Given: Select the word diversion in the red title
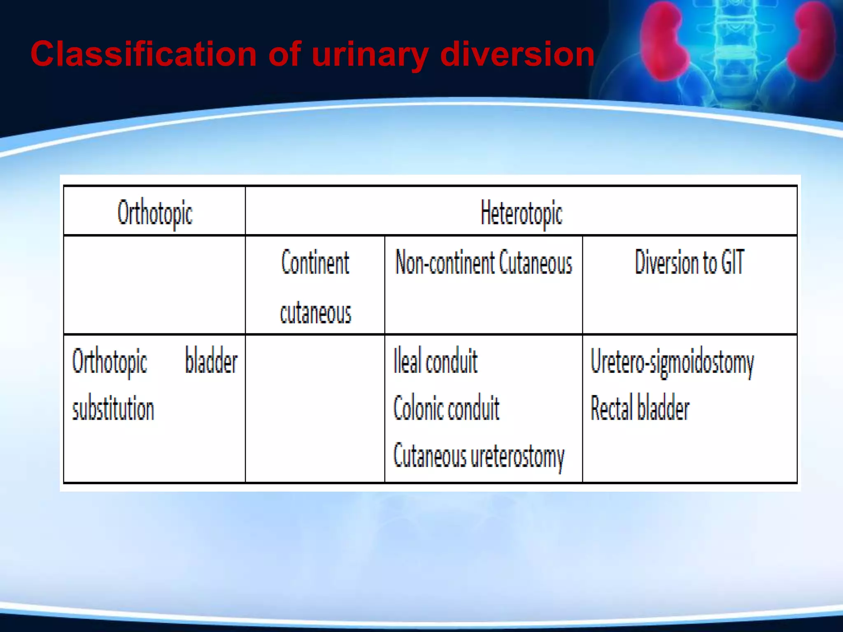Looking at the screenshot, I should [x=517, y=54].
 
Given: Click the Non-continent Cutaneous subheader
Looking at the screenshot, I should [x=484, y=263].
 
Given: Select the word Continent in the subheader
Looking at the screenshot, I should [x=315, y=263].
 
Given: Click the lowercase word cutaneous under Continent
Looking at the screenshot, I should [x=315, y=313].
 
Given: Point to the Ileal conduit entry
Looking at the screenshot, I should [x=435, y=361].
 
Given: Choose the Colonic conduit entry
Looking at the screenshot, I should [x=446, y=409].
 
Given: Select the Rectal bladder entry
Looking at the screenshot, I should [x=640, y=409].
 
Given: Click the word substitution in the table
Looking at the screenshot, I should [x=113, y=409].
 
